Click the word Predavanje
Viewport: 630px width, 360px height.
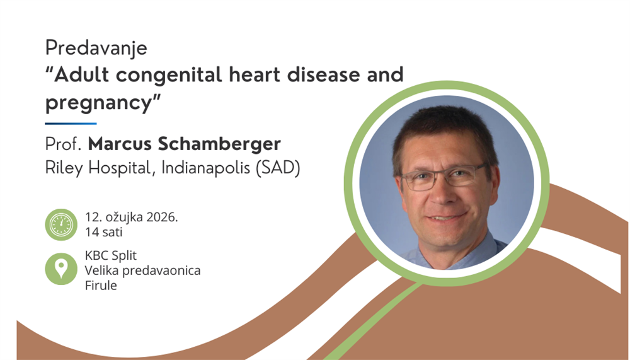[x=96, y=48]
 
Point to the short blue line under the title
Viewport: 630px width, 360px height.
[x=71, y=124]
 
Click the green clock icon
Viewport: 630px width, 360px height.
[x=60, y=224]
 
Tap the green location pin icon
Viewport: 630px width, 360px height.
[x=60, y=269]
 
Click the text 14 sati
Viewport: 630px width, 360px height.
[x=103, y=232]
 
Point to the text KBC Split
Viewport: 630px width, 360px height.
[x=111, y=257]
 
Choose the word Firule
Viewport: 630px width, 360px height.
[x=101, y=285]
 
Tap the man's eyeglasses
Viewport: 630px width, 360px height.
[x=444, y=177]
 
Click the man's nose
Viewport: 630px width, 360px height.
[x=441, y=195]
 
